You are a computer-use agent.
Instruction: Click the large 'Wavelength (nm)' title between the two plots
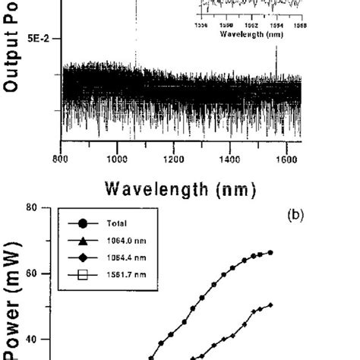[x=181, y=188]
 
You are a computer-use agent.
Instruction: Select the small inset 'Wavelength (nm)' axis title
[x=251, y=34]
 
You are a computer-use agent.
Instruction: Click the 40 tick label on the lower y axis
[x=45, y=339]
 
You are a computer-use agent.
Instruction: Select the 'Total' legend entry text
[x=110, y=224]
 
